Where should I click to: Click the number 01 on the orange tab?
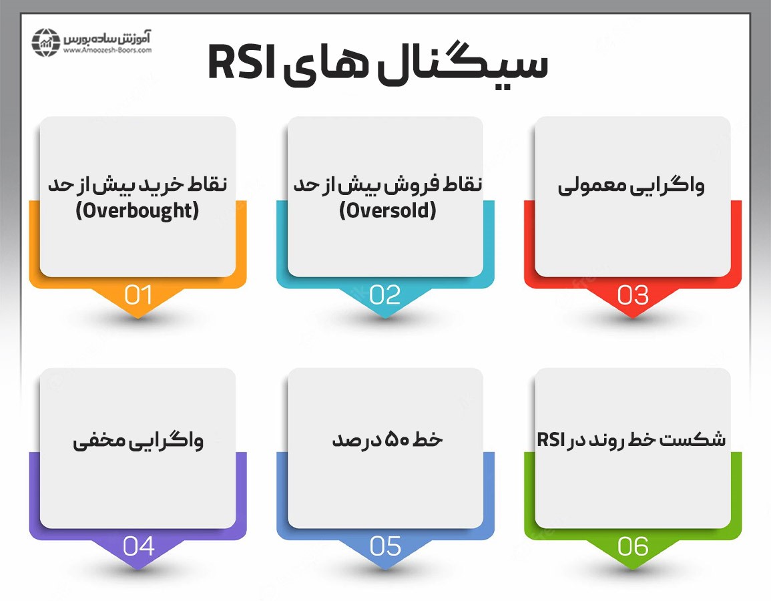pos(138,295)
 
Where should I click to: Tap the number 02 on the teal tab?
pos(385,295)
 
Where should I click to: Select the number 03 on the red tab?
pos(633,295)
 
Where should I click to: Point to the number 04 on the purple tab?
pos(138,547)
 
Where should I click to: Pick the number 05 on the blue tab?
pos(385,547)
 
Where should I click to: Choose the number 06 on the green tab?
pos(633,547)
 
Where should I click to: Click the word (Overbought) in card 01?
pos(138,211)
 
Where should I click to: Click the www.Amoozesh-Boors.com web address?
pos(107,50)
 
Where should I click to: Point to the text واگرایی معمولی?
pos(631,186)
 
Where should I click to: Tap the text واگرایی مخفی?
pos(138,441)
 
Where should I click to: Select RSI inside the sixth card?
pos(551,440)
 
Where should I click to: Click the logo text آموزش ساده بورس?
pos(107,36)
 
